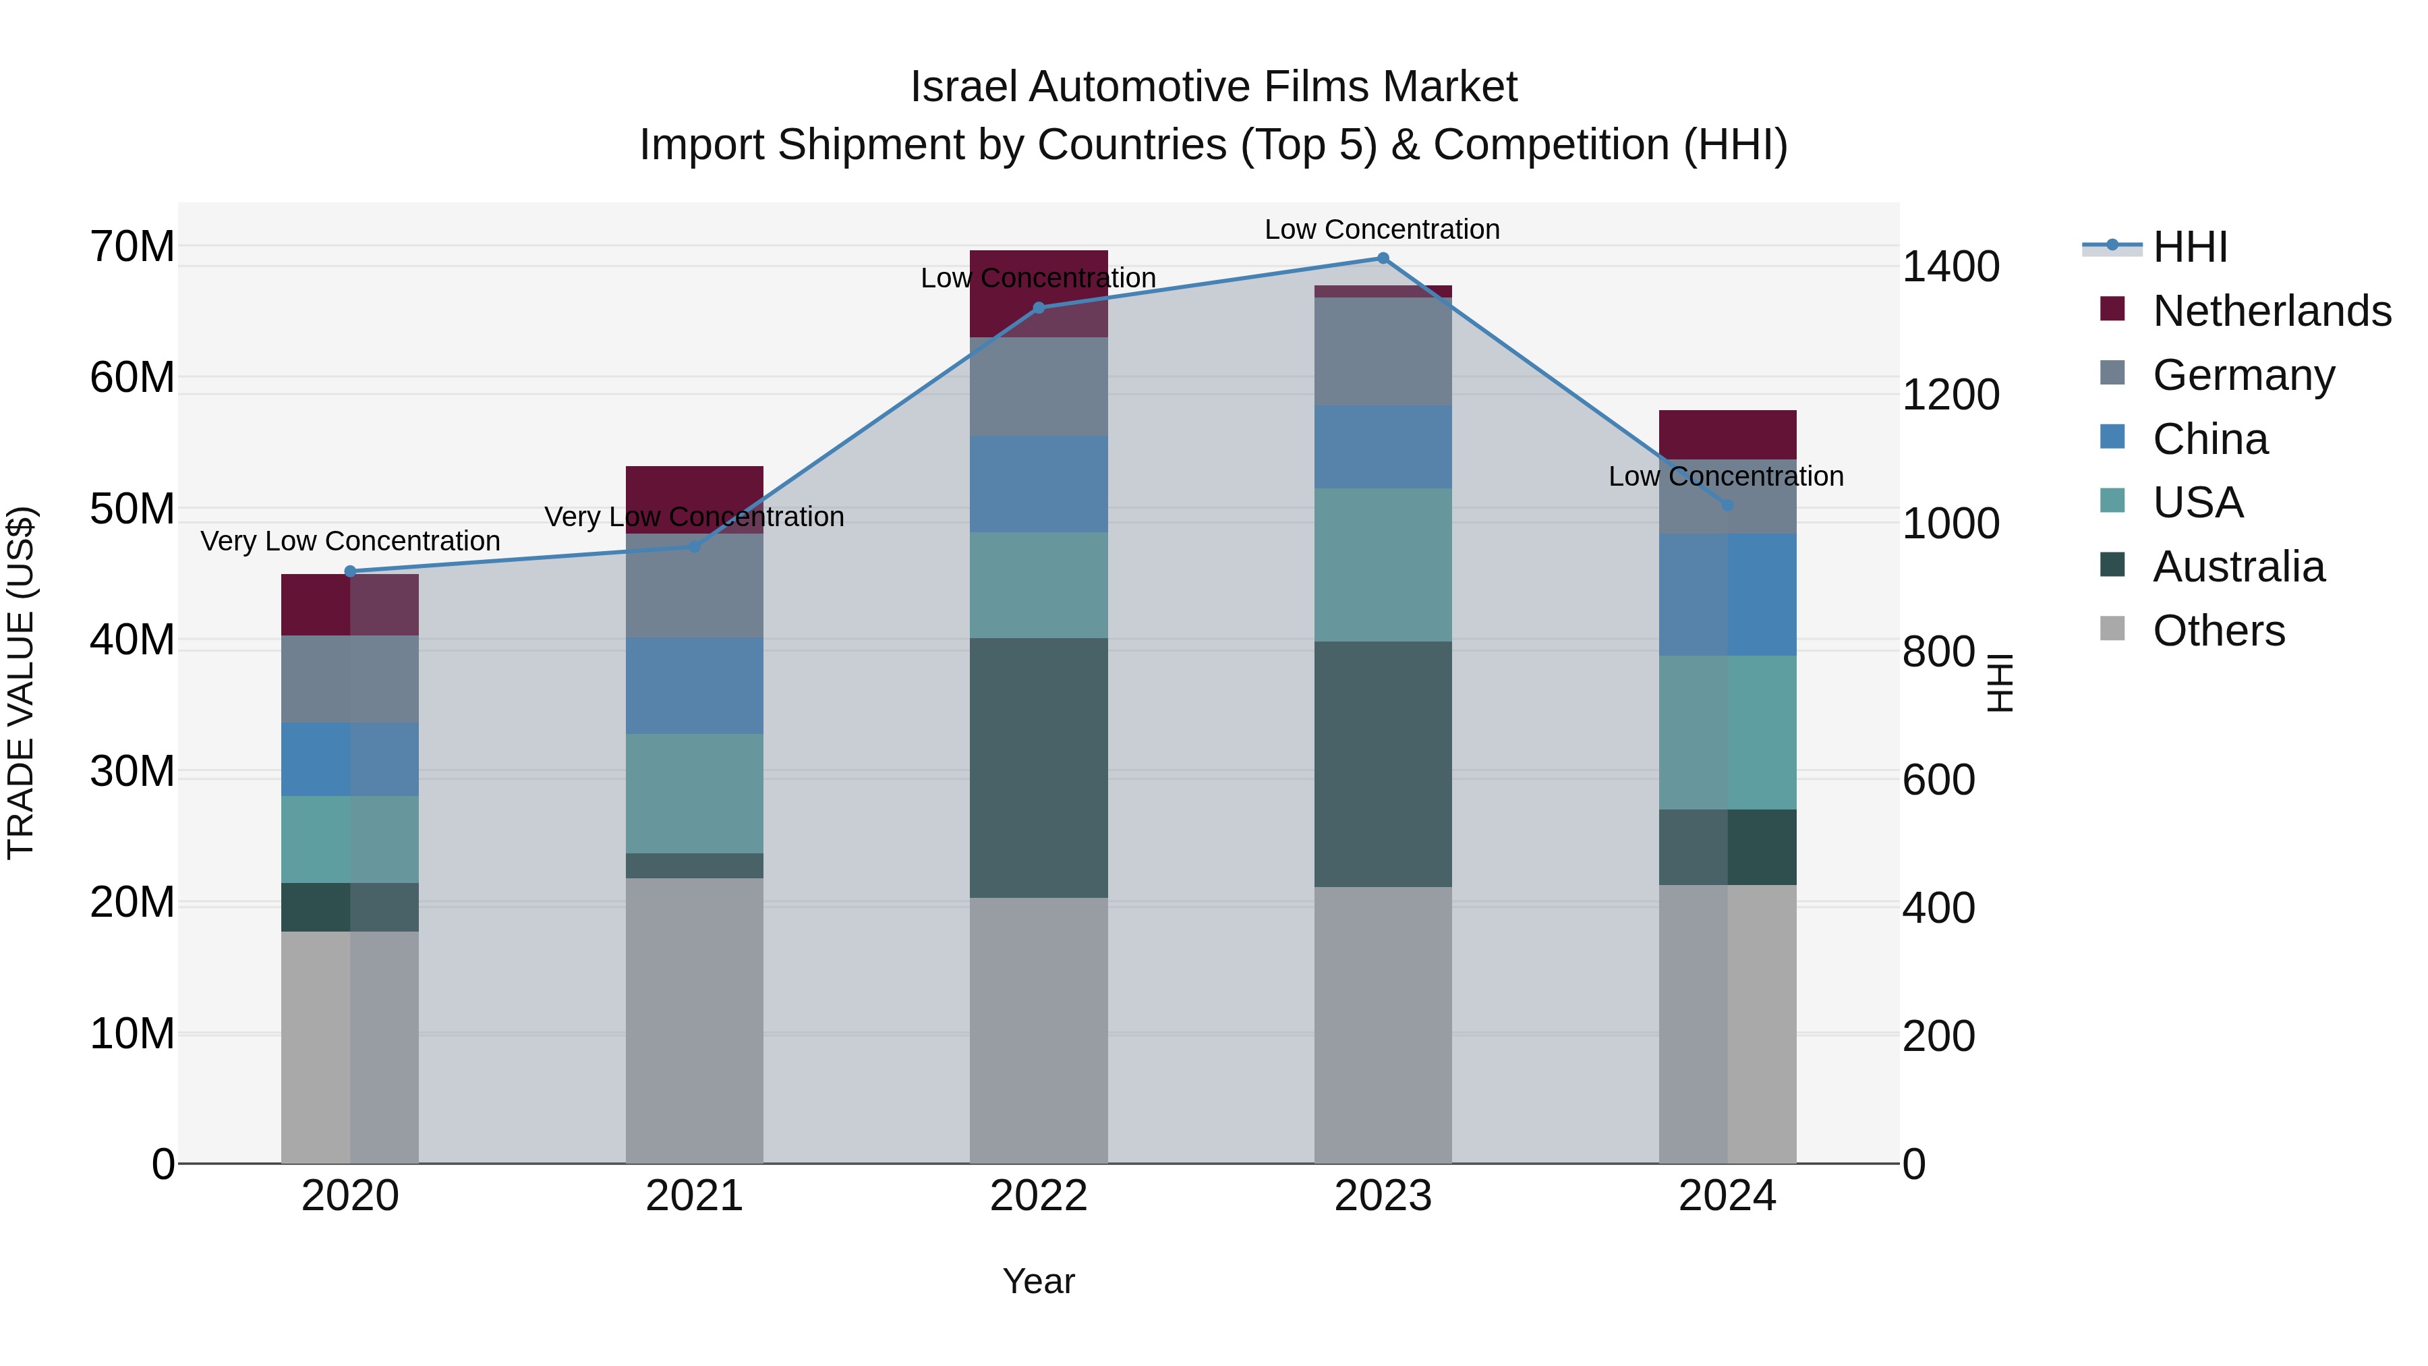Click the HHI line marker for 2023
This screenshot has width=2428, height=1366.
pyautogui.click(x=1383, y=258)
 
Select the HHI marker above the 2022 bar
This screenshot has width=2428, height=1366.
pyautogui.click(x=1039, y=308)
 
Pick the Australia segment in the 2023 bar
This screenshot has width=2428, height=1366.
pyautogui.click(x=1383, y=764)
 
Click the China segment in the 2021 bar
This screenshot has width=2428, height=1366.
pyautogui.click(x=694, y=685)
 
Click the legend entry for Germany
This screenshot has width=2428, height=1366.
pyautogui.click(x=2243, y=375)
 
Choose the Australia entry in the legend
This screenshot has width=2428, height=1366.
pyautogui.click(x=2238, y=567)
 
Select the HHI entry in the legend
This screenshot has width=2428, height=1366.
pyautogui.click(x=2189, y=247)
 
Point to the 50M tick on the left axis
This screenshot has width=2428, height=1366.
pyautogui.click(x=132, y=509)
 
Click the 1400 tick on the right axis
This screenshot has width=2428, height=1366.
pyautogui.click(x=1950, y=266)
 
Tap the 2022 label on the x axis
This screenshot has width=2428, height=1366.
pyautogui.click(x=1039, y=1196)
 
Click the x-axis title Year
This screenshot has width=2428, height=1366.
pyautogui.click(x=1039, y=1281)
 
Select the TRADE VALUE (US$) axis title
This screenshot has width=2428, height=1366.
pyautogui.click(x=21, y=683)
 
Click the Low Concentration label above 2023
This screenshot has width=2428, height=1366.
pyautogui.click(x=1382, y=229)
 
